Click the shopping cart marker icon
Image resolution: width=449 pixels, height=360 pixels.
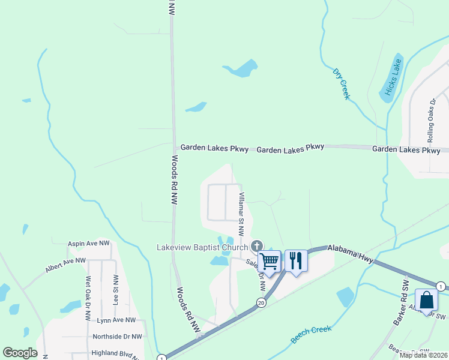coord(270,260)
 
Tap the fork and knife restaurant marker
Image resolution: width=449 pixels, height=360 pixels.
coord(296,260)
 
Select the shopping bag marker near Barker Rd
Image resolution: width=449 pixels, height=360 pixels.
coord(426,301)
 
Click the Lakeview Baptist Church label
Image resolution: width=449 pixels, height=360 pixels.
coord(202,247)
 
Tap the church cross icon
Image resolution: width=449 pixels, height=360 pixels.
coord(257,245)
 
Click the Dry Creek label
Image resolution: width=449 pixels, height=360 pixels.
coord(341,84)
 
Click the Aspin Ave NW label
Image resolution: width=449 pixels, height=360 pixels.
coord(89,244)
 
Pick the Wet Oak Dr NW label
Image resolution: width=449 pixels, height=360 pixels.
coord(89,290)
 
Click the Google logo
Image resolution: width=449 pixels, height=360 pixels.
coord(20,353)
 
